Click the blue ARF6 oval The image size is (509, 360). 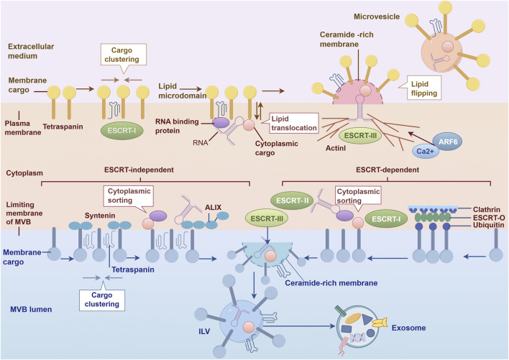448,142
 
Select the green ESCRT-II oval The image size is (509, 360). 292,200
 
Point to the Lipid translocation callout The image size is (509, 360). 290,124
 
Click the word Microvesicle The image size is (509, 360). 377,17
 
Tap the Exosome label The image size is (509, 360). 408,328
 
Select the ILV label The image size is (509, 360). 204,331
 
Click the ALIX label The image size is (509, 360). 213,207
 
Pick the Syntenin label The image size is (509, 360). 100,216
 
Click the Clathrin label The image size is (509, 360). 486,210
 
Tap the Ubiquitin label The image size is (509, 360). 489,225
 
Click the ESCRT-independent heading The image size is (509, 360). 139,170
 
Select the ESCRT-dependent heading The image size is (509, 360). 388,170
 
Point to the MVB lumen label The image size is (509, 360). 31,310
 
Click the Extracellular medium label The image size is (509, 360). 31,51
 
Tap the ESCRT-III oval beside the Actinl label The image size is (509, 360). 360,136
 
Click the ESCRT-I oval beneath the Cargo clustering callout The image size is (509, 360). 121,131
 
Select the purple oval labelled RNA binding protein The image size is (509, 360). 221,122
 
